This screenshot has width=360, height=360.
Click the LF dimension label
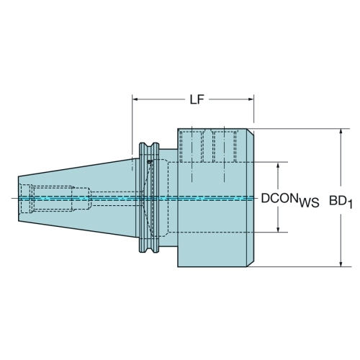click(197, 99)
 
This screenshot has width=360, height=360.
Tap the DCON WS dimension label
click(290, 199)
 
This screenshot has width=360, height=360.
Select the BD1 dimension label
click(341, 202)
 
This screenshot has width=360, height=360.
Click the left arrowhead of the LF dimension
click(135, 99)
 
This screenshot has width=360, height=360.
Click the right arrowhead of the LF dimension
click(251, 99)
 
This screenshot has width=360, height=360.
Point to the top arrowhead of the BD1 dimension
click(341, 132)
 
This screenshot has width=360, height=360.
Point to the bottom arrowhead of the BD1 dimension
click(341, 264)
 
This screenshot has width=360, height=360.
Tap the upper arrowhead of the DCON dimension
click(278, 165)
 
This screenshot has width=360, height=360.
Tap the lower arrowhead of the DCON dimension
click(278, 230)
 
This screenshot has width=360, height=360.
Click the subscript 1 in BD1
click(350, 204)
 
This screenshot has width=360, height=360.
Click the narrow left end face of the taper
click(19, 199)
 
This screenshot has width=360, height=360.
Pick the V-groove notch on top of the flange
click(149, 145)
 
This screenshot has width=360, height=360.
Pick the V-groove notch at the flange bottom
click(149, 250)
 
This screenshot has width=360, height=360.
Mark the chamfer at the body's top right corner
click(251, 132)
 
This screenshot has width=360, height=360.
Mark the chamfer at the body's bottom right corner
click(251, 264)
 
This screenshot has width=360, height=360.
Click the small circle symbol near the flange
click(150, 162)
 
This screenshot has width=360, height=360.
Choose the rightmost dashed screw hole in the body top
click(224, 146)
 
